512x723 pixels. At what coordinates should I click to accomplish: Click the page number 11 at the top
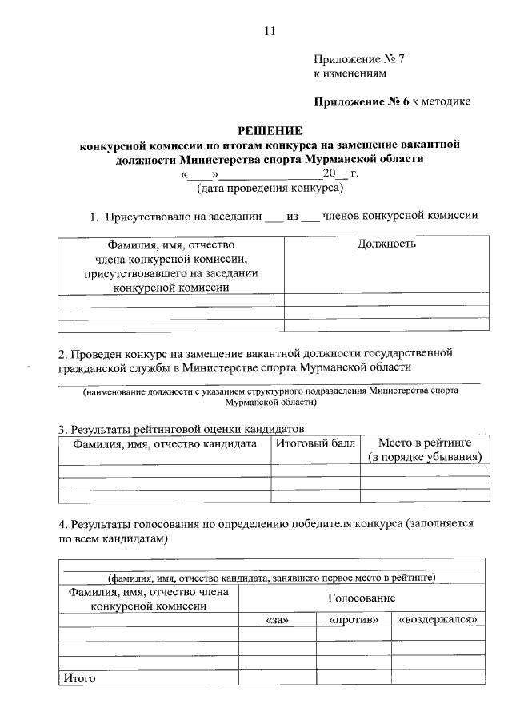[x=269, y=31]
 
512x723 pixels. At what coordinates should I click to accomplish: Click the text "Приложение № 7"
[x=350, y=59]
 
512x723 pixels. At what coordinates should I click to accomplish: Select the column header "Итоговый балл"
[x=315, y=443]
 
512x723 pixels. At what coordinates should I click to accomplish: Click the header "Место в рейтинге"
[x=424, y=443]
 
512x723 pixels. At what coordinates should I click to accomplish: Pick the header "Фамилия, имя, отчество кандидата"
[x=165, y=443]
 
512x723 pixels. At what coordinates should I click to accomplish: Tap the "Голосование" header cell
[x=361, y=598]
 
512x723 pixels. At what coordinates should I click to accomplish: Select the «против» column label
[x=353, y=620]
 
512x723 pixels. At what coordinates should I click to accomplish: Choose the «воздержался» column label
[x=438, y=620]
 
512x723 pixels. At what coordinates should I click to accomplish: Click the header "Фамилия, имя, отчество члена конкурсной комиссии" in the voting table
[x=149, y=599]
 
